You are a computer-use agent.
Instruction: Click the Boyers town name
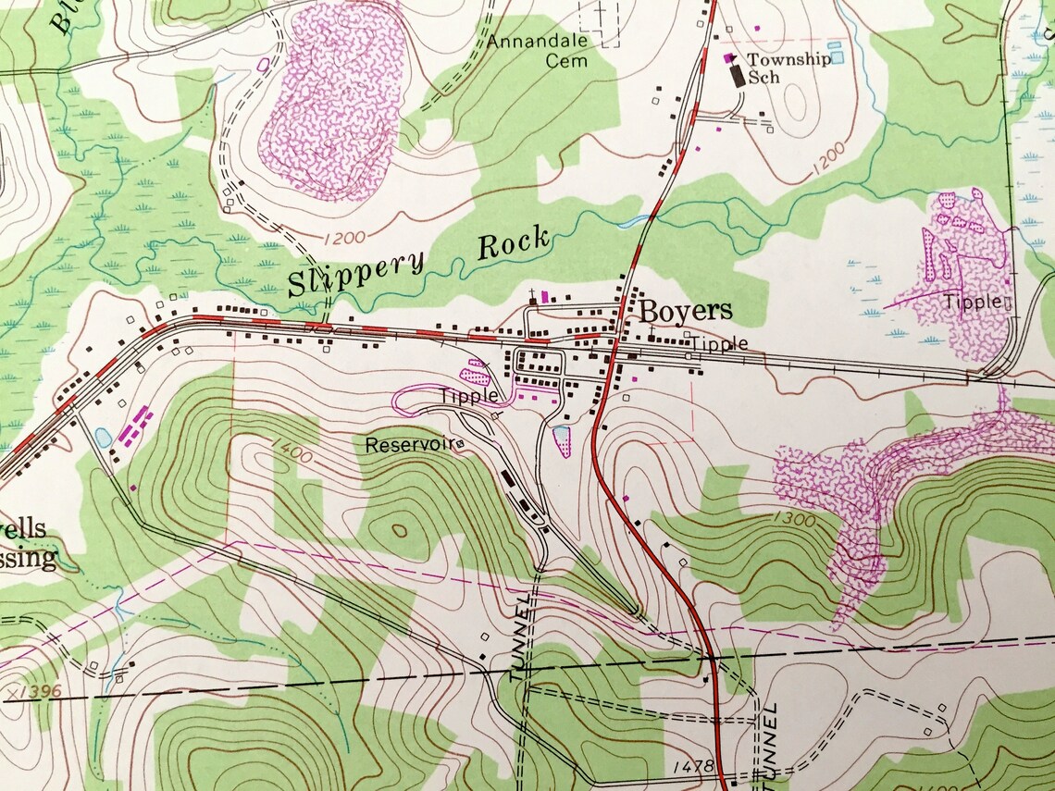[685, 310]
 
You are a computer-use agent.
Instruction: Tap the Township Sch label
[776, 68]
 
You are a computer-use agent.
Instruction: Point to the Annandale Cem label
[538, 51]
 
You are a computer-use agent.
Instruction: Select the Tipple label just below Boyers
[720, 344]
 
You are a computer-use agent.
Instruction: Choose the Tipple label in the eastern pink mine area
[972, 302]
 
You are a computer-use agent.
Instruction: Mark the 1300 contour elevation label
[791, 520]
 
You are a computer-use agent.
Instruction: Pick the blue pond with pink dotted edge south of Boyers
[561, 439]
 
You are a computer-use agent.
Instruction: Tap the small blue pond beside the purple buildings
[103, 435]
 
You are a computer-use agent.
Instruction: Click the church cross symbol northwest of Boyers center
[533, 296]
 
